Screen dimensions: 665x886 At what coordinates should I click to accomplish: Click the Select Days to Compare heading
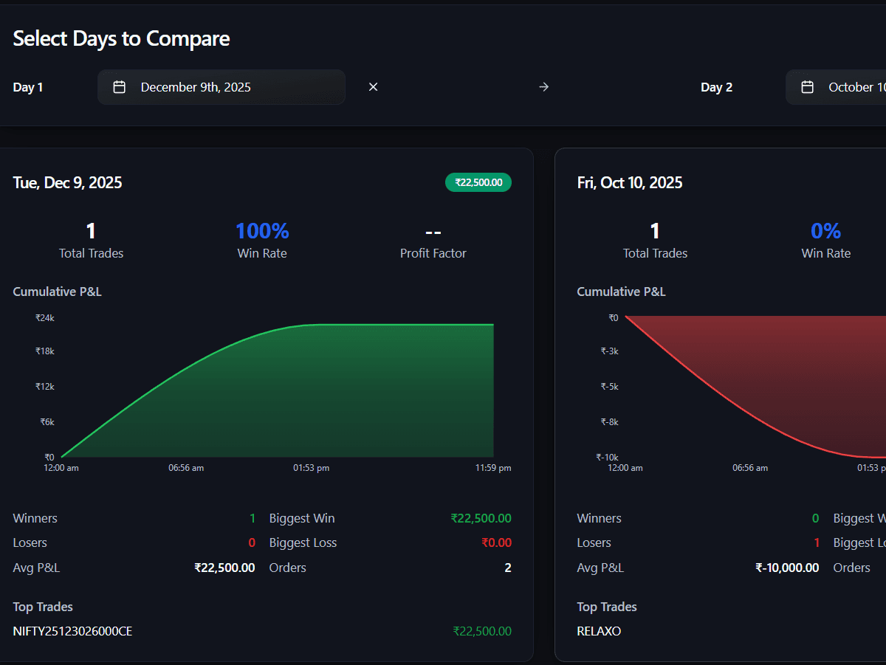(121, 38)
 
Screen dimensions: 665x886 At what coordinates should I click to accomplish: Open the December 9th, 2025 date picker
(221, 87)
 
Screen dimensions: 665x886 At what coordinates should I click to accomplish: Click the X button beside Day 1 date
(373, 87)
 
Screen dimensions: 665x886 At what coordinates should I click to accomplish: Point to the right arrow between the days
(543, 87)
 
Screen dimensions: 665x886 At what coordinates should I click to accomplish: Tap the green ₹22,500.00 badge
(478, 182)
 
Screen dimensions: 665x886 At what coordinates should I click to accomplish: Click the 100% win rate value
(262, 231)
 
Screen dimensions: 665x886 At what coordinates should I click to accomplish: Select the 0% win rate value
(825, 231)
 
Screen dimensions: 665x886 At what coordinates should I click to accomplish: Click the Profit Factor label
(433, 253)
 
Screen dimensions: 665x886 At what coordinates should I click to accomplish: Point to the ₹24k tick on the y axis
(45, 318)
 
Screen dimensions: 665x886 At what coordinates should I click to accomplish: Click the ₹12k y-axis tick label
(45, 387)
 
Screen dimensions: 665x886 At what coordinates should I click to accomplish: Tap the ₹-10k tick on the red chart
(607, 458)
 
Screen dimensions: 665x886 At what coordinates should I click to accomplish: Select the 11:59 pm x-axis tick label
(493, 468)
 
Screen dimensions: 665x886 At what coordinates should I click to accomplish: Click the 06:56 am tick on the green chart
(186, 468)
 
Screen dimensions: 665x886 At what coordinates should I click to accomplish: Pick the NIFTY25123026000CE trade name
(72, 631)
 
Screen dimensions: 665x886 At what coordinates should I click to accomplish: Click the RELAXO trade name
(599, 631)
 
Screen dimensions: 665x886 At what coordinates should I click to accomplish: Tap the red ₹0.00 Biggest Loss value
(496, 543)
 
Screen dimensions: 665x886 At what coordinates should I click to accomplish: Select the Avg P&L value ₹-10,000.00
(786, 568)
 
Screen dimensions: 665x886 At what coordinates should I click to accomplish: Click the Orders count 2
(507, 568)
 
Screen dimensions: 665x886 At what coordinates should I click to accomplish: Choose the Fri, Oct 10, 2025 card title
(629, 182)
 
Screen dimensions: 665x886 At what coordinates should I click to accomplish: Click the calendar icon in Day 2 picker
(807, 87)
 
